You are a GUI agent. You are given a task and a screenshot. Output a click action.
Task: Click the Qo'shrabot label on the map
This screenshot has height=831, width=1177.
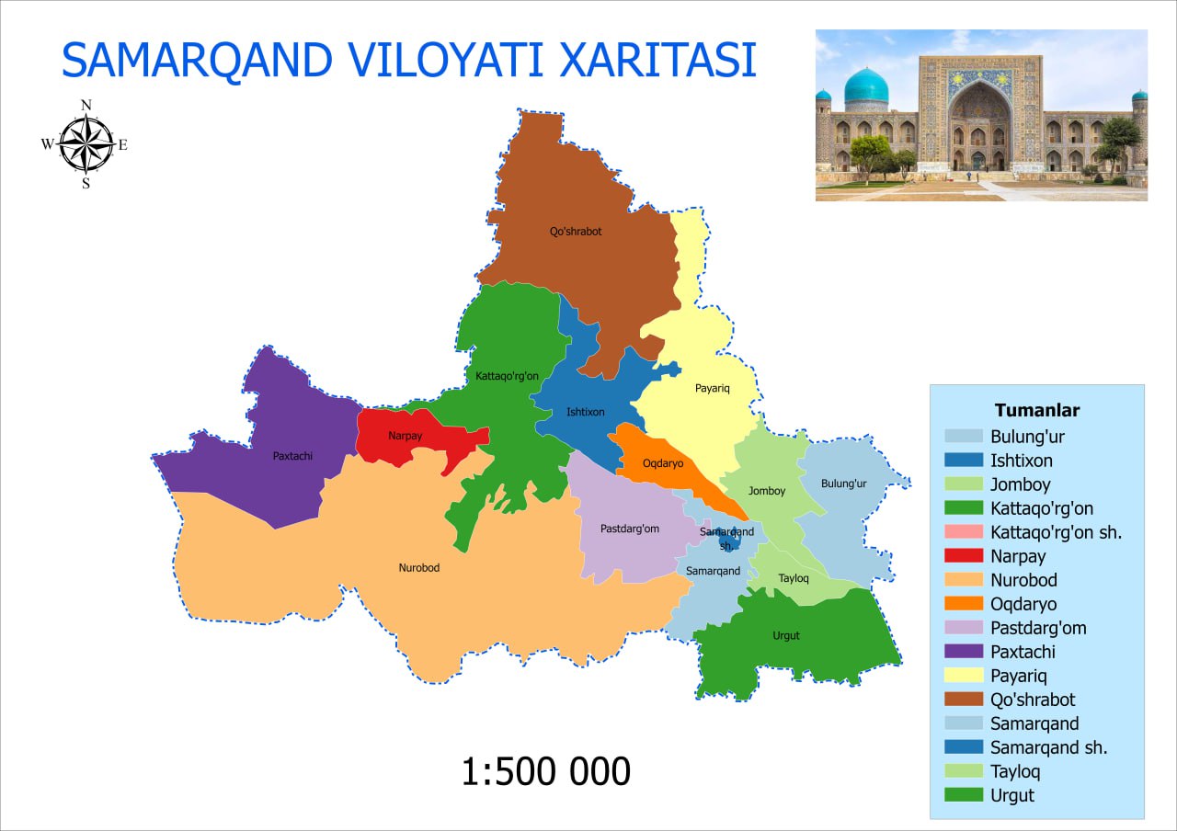tap(576, 231)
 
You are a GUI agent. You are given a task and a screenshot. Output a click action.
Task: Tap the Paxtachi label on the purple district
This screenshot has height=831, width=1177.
tap(292, 456)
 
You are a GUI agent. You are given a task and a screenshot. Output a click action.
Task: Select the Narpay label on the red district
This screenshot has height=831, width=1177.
tap(406, 436)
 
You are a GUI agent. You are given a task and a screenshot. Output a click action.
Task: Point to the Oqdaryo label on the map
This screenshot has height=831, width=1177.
tap(663, 463)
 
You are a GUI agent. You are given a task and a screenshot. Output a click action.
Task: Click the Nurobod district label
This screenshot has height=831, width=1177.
tap(418, 567)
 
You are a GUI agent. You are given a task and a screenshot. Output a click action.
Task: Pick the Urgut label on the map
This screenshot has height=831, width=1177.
tap(785, 635)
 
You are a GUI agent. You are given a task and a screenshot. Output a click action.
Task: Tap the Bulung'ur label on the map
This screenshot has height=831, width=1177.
tap(843, 484)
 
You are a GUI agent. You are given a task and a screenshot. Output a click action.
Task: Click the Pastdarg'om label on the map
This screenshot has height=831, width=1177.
tap(630, 529)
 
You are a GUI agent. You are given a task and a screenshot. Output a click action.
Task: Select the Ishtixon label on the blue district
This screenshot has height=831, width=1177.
tap(586, 412)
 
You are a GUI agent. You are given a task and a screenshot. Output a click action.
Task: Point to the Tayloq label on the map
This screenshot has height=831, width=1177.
tap(794, 578)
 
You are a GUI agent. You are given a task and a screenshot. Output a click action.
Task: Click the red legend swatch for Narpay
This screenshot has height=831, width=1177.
tap(963, 555)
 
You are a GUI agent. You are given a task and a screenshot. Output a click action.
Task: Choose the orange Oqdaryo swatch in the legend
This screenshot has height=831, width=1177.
tap(963, 603)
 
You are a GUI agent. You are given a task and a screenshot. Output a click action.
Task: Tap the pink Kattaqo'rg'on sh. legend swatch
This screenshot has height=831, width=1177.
tap(963, 531)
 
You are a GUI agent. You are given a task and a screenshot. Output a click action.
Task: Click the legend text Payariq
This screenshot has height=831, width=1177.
tap(1018, 676)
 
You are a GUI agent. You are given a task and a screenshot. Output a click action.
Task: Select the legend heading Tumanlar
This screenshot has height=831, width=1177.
tap(1036, 410)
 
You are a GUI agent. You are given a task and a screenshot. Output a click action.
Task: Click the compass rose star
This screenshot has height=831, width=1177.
tap(86, 144)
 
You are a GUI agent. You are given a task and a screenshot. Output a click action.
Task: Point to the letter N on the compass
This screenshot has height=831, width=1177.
tap(86, 105)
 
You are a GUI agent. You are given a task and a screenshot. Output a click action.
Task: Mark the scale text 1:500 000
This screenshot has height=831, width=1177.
tap(546, 771)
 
